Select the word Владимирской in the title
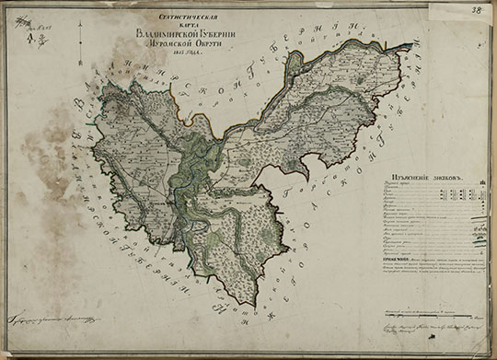pyautogui.click(x=161, y=33)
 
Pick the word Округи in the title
pyautogui.click(x=210, y=44)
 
